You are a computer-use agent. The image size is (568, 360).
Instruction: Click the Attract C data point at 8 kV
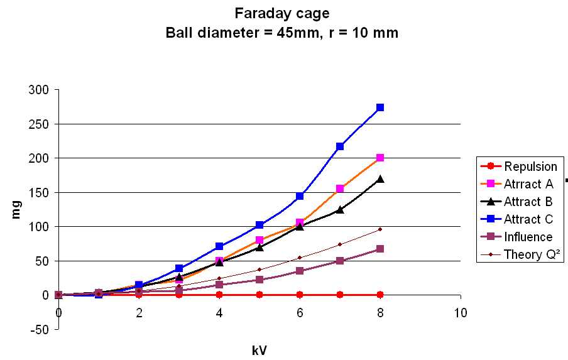coord(380,107)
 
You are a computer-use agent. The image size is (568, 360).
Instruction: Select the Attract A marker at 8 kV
coord(380,158)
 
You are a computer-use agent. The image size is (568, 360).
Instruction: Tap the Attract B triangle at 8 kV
coord(380,179)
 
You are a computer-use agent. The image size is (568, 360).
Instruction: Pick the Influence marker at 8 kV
coord(380,249)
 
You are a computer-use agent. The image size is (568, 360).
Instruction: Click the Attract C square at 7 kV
coord(340,146)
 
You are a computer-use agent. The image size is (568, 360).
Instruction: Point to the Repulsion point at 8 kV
coord(380,295)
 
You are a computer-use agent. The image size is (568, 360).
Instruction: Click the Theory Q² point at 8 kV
coord(380,229)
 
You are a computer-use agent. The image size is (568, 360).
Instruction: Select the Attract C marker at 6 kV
coord(300,196)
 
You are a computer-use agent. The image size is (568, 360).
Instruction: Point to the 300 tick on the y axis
coord(39,90)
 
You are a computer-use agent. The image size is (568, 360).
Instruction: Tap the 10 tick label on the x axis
coord(461,313)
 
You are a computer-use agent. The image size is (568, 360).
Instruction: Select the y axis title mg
coord(17,209)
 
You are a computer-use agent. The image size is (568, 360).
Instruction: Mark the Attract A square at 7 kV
coord(340,188)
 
